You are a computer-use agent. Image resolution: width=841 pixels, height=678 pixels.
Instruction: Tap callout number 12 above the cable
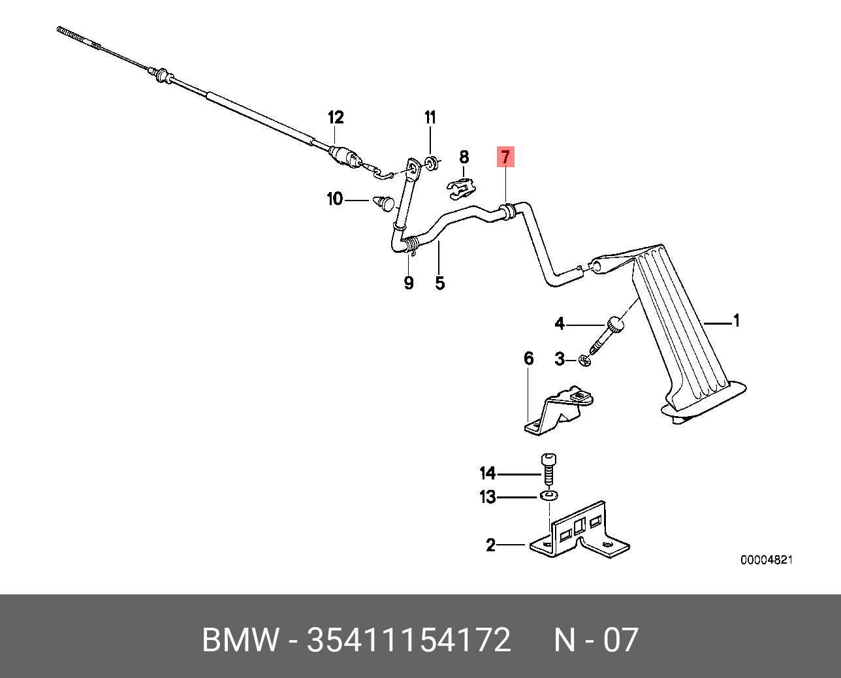335,118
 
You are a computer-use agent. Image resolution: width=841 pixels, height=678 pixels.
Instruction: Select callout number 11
430,118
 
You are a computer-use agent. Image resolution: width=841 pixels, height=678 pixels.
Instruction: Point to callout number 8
464,157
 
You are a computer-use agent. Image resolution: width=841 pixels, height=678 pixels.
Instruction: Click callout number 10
334,199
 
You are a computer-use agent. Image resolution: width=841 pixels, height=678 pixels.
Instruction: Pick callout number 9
409,283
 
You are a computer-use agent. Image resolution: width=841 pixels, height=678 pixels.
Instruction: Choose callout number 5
439,283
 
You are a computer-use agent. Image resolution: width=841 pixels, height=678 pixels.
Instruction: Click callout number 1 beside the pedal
736,321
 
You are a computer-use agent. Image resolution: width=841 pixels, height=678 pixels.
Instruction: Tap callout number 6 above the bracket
528,358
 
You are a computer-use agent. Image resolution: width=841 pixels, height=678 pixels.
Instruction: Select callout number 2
491,545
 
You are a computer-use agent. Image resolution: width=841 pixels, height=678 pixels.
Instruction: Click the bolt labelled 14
548,471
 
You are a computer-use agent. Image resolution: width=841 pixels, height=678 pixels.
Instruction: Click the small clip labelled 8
460,189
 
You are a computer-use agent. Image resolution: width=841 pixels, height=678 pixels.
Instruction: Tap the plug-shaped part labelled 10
384,202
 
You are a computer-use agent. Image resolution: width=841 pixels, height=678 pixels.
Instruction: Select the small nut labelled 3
584,361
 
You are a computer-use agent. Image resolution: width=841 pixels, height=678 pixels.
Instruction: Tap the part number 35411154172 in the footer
409,640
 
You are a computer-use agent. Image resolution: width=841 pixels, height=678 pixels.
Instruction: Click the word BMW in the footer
240,640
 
